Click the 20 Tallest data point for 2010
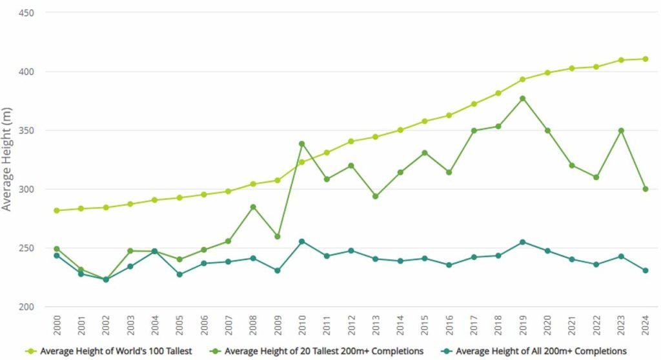(x=302, y=144)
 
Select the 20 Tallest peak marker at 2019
(x=523, y=99)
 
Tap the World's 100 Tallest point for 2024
(x=646, y=59)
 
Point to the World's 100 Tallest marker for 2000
(x=57, y=210)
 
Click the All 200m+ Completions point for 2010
(x=302, y=242)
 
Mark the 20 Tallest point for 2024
(x=646, y=189)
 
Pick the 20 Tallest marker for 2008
(x=253, y=207)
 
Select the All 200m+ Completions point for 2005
(x=179, y=274)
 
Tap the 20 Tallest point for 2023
(x=621, y=131)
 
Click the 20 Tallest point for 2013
(x=376, y=196)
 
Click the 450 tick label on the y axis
(x=26, y=13)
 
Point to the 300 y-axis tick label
(x=26, y=189)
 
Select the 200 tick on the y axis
(x=26, y=307)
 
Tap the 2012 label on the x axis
(x=351, y=325)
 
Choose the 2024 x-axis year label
(x=646, y=325)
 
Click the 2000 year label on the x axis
(x=57, y=325)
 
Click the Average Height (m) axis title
(x=6, y=159)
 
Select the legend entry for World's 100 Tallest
(x=108, y=351)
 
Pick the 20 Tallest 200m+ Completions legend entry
(x=316, y=351)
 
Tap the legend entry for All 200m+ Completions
(x=534, y=351)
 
